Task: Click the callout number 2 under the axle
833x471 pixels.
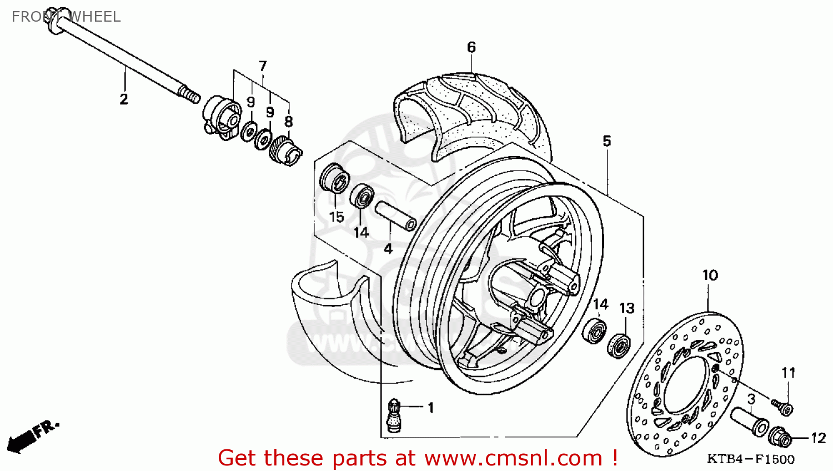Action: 124,99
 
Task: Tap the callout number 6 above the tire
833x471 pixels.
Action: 471,47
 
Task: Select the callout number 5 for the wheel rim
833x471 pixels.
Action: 607,141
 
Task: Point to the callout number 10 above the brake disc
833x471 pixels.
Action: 710,275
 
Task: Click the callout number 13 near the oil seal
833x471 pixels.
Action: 627,308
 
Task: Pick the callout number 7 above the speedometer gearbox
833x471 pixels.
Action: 263,66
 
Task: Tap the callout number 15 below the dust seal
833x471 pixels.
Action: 337,217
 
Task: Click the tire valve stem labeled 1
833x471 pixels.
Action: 394,415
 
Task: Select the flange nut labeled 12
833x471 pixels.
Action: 780,437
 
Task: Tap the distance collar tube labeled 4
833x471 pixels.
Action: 395,216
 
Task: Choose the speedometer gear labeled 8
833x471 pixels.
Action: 285,150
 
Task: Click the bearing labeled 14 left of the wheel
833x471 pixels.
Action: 362,197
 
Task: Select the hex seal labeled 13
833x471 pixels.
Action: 618,345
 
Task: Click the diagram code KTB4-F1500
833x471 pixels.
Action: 750,459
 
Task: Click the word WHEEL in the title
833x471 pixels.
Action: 94,17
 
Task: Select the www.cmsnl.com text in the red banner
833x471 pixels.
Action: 513,458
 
